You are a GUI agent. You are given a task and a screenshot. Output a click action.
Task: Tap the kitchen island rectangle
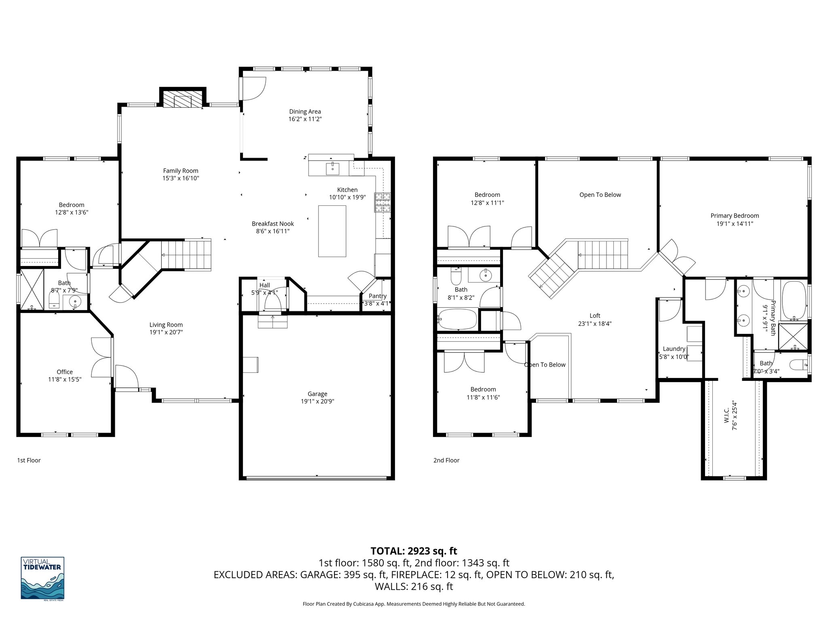[332, 231]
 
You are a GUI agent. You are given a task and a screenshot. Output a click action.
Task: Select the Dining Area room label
[305, 112]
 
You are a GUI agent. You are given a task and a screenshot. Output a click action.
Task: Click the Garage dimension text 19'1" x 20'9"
[317, 401]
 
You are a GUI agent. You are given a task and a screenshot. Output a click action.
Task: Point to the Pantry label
[377, 296]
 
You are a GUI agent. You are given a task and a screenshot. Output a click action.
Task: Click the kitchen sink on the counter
[332, 167]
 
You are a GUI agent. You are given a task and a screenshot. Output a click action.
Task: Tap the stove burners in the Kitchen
[382, 203]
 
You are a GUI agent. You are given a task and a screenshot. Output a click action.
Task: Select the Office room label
[65, 372]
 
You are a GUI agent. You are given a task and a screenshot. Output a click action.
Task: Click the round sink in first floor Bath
[75, 301]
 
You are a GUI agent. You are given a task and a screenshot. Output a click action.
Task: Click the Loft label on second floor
[595, 316]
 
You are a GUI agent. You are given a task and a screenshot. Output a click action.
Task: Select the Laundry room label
[674, 349]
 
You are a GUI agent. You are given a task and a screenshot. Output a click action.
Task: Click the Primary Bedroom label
[735, 216]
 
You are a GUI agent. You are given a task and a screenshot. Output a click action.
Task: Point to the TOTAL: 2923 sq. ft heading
[414, 551]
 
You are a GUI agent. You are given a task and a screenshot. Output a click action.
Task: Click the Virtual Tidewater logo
[42, 578]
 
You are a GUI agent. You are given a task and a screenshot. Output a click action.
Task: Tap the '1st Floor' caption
[29, 460]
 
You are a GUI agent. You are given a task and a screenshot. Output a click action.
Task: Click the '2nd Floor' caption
[446, 460]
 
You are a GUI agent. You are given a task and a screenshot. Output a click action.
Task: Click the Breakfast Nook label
[272, 224]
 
